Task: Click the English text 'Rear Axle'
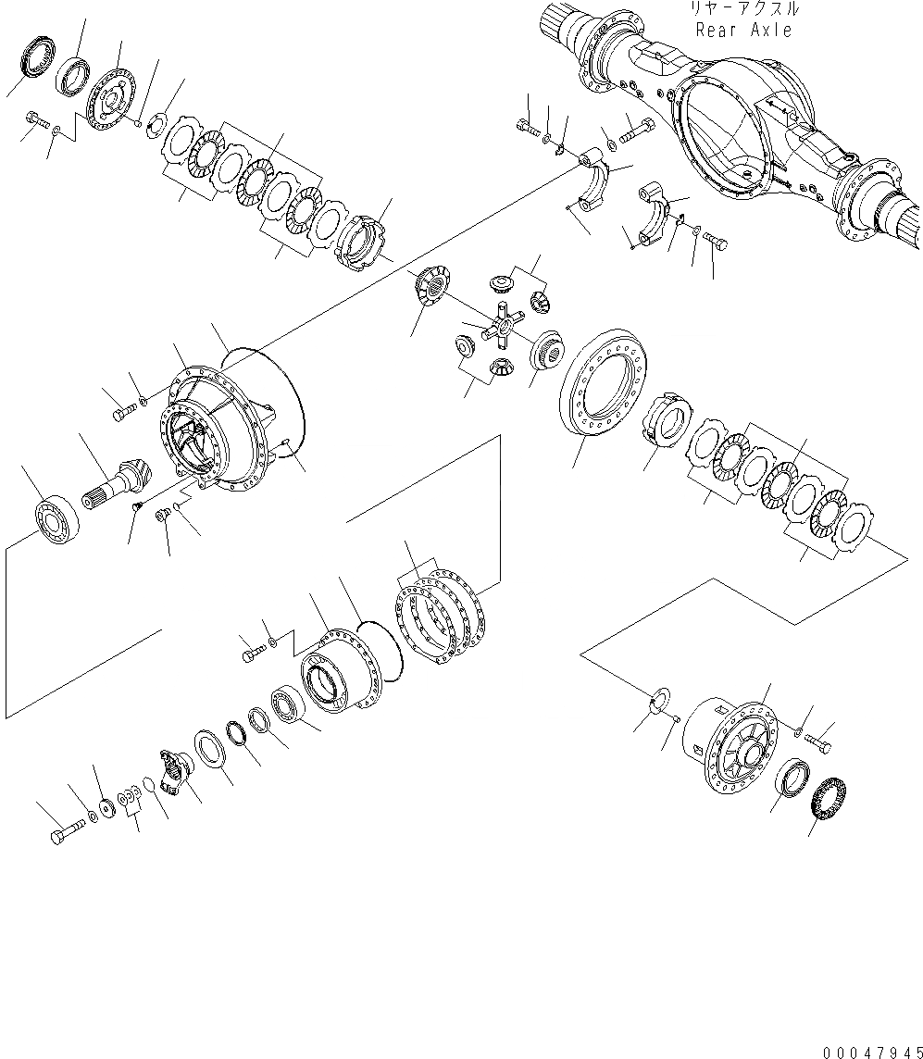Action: (x=743, y=30)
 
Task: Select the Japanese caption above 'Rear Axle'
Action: (x=743, y=9)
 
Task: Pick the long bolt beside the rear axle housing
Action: (x=636, y=131)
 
